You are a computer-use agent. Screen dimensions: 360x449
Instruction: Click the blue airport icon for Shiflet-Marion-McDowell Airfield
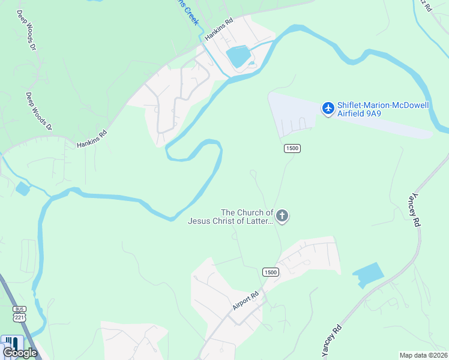(x=328, y=109)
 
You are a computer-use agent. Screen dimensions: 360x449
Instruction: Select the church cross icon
(x=283, y=217)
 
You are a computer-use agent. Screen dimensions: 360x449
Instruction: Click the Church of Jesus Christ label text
(x=231, y=217)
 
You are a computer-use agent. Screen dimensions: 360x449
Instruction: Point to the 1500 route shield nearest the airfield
(x=292, y=148)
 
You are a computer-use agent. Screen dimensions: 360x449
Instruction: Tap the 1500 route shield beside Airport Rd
(x=271, y=272)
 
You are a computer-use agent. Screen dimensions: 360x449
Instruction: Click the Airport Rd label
(x=246, y=301)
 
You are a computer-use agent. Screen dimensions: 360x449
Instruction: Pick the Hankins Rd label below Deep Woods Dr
(x=91, y=139)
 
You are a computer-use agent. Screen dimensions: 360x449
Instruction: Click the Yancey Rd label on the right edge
(x=414, y=210)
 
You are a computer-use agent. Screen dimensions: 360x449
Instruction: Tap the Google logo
(x=20, y=352)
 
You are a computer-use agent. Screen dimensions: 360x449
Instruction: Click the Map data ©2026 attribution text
(x=424, y=355)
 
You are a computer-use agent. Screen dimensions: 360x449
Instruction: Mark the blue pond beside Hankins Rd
(x=238, y=57)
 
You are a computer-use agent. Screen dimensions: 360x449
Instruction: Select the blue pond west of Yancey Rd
(x=368, y=275)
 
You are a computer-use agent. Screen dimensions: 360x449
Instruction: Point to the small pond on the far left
(x=23, y=189)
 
